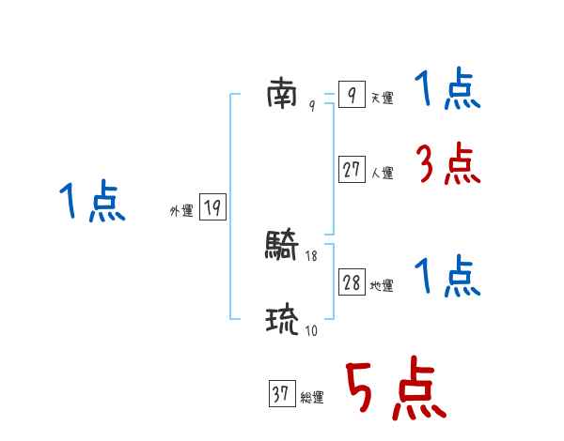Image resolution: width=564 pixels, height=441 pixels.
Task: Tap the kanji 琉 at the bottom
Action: click(x=282, y=321)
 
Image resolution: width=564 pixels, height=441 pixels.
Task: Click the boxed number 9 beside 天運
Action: click(x=351, y=95)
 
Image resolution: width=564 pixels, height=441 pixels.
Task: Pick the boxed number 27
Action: click(x=352, y=170)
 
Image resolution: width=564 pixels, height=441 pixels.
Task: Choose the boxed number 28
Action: click(x=352, y=282)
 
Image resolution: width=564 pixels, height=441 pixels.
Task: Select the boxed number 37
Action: click(x=281, y=395)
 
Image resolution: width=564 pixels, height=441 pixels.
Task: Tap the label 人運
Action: click(x=382, y=173)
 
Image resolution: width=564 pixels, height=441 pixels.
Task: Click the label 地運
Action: click(x=382, y=285)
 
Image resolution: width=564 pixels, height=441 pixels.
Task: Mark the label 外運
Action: click(x=180, y=211)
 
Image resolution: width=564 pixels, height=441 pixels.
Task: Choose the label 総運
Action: click(x=311, y=398)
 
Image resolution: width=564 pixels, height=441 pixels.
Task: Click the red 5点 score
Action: click(x=394, y=390)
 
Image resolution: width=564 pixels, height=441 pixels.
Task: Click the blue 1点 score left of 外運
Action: click(x=92, y=203)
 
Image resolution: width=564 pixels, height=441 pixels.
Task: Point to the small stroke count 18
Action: click(x=311, y=255)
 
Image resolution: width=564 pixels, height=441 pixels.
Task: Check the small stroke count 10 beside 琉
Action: click(x=311, y=330)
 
